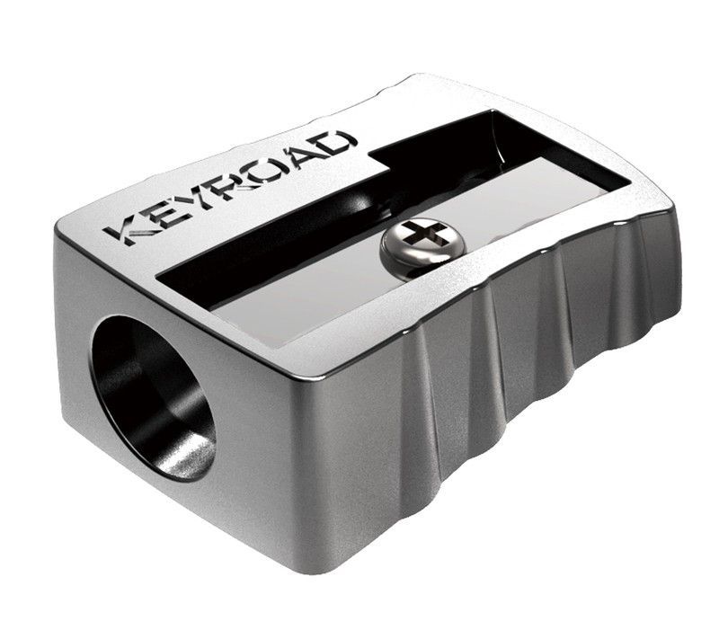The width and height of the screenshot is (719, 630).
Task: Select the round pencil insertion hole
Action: click(x=154, y=395)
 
